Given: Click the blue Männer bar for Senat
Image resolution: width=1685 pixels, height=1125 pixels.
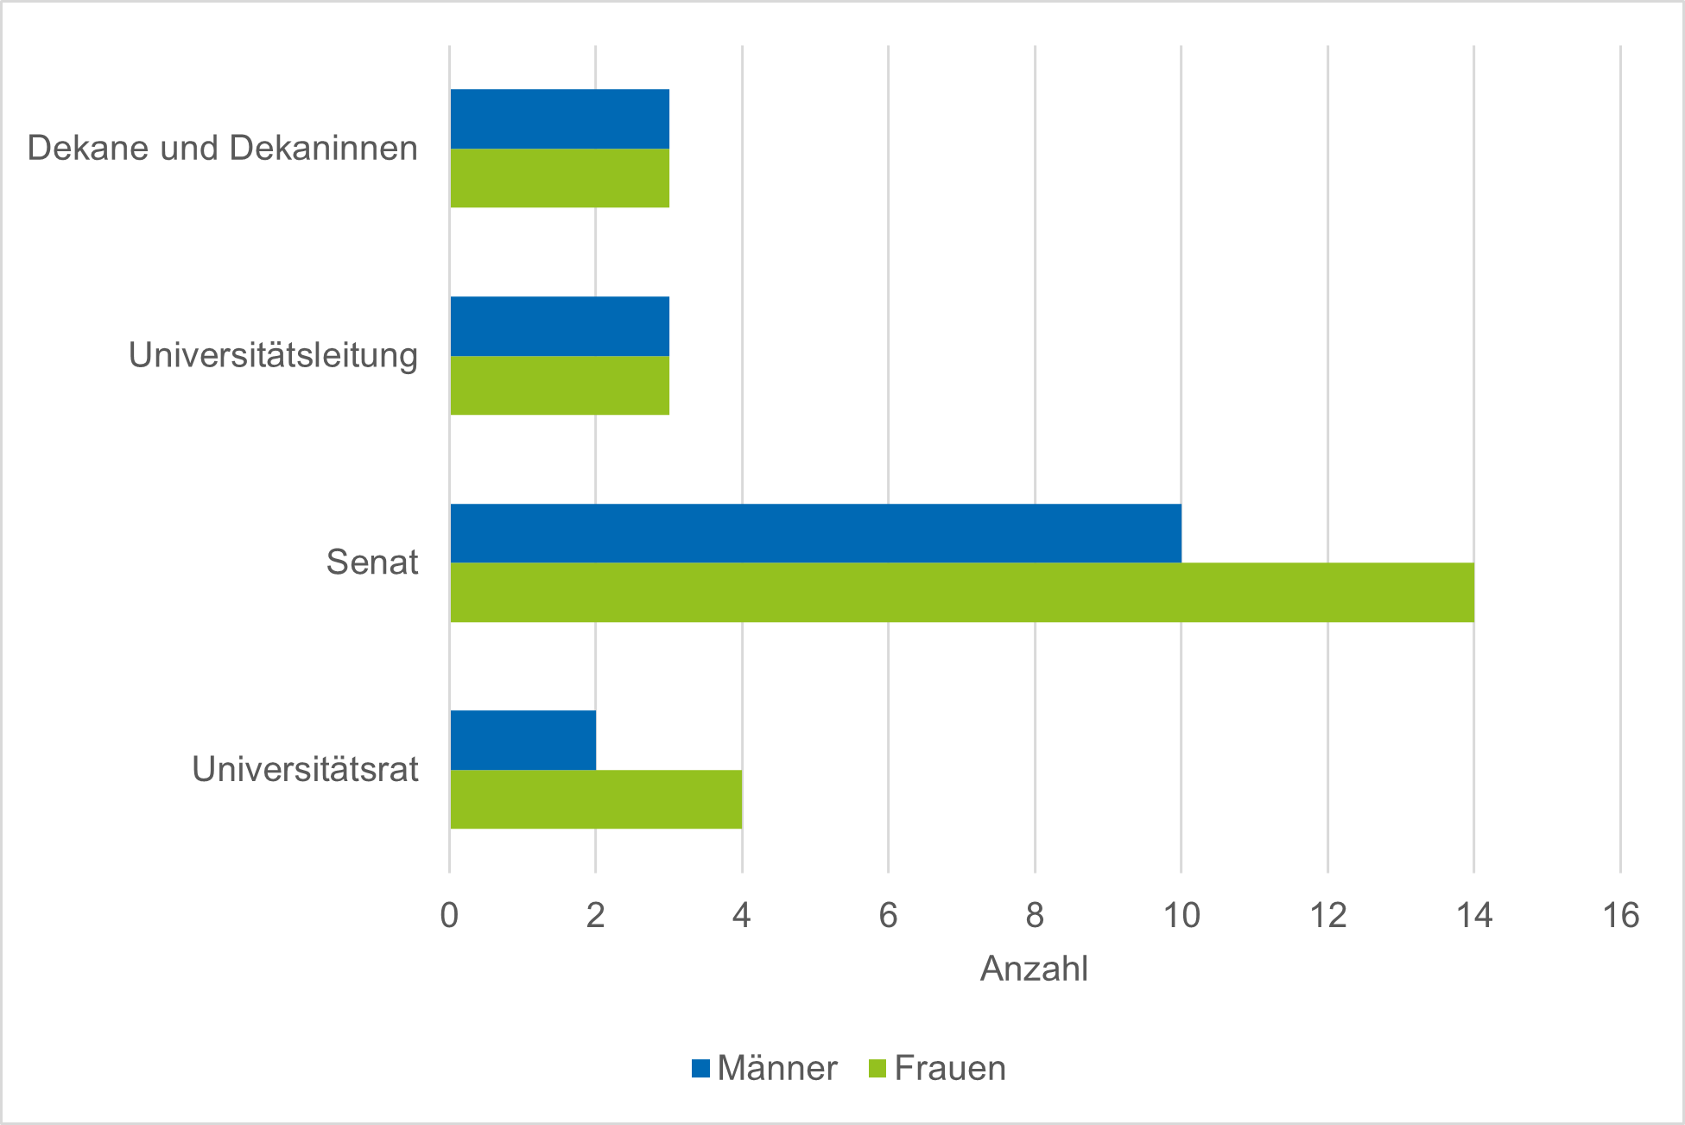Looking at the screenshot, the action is [x=815, y=533].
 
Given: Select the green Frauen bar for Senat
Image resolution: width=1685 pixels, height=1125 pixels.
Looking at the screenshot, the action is [x=962, y=593].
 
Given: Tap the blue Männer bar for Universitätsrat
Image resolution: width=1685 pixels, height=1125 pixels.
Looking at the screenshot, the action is [x=523, y=740].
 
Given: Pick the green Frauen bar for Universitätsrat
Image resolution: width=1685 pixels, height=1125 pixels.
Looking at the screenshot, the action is [x=596, y=799].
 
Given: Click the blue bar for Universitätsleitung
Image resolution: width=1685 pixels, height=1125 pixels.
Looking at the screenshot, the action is [x=560, y=327].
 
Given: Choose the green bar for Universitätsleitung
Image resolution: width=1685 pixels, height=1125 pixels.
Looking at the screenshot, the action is [x=560, y=385].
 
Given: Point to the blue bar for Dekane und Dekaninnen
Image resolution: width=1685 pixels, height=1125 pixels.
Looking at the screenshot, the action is [x=560, y=119].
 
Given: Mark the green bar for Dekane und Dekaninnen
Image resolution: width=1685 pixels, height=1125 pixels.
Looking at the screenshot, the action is [x=560, y=178].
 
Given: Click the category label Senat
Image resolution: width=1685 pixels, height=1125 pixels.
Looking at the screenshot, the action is [x=372, y=562].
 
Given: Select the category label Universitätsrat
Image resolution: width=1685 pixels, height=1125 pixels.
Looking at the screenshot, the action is [x=305, y=769].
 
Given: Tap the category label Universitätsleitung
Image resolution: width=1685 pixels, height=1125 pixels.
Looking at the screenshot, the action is [x=273, y=355].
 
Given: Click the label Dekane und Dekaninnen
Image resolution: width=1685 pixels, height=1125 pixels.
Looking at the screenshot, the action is [x=222, y=148].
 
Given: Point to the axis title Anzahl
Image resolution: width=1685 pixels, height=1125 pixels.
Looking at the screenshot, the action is [x=1034, y=969].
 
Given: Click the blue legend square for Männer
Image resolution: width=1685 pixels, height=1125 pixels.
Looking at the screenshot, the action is [x=700, y=1069].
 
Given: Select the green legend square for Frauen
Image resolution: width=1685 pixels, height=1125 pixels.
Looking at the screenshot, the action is [x=877, y=1069].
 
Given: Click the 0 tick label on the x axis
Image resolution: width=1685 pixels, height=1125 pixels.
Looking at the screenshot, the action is [x=449, y=915].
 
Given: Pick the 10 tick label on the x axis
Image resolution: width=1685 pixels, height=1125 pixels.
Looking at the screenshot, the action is [x=1181, y=915].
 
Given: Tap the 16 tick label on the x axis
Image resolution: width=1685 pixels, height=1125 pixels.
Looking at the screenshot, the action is [x=1620, y=915].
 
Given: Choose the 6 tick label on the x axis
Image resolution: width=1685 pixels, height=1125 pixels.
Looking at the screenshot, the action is [x=888, y=915].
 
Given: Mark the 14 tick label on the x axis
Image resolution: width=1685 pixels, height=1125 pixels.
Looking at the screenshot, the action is [x=1474, y=915].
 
